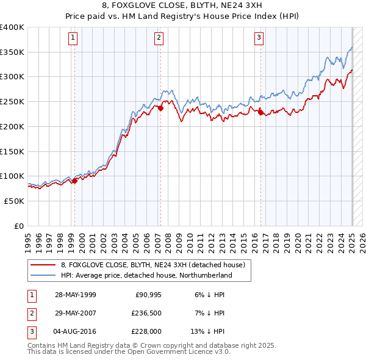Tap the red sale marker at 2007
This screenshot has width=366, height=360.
160,109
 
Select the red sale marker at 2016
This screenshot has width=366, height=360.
260,112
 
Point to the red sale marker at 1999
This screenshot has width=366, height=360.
74,181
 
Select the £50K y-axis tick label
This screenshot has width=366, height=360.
15,201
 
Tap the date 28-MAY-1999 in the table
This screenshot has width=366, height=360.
76,295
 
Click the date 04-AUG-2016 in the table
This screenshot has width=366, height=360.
76,331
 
